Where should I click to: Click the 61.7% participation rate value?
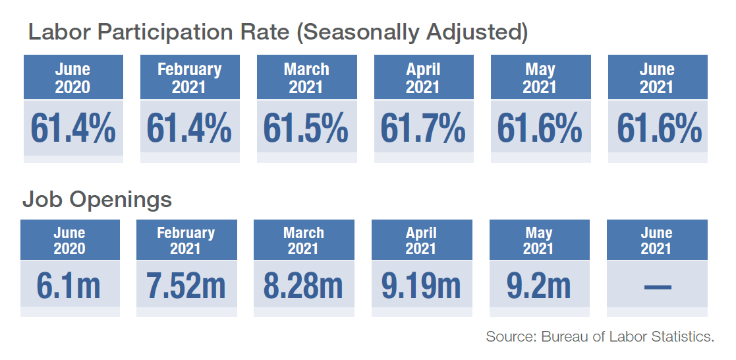tap(423, 128)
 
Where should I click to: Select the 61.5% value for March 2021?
tap(306, 128)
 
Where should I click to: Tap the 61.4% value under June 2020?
tap(73, 128)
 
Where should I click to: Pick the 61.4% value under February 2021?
tap(189, 128)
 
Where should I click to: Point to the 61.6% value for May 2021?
tap(540, 128)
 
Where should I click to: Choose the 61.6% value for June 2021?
tap(659, 128)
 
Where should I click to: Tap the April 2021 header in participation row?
tap(423, 78)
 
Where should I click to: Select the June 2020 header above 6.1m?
tap(69, 240)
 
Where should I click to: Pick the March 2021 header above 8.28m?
tap(303, 240)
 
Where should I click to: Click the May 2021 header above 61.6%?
tap(540, 78)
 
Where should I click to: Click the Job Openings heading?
tap(98, 199)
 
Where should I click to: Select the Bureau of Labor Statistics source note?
tap(600, 336)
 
